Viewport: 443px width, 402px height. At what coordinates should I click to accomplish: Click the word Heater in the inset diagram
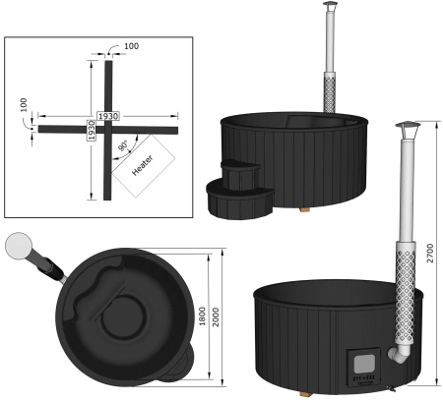pos(142,166)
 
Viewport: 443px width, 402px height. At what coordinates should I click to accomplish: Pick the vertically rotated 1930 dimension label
pos(91,130)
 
